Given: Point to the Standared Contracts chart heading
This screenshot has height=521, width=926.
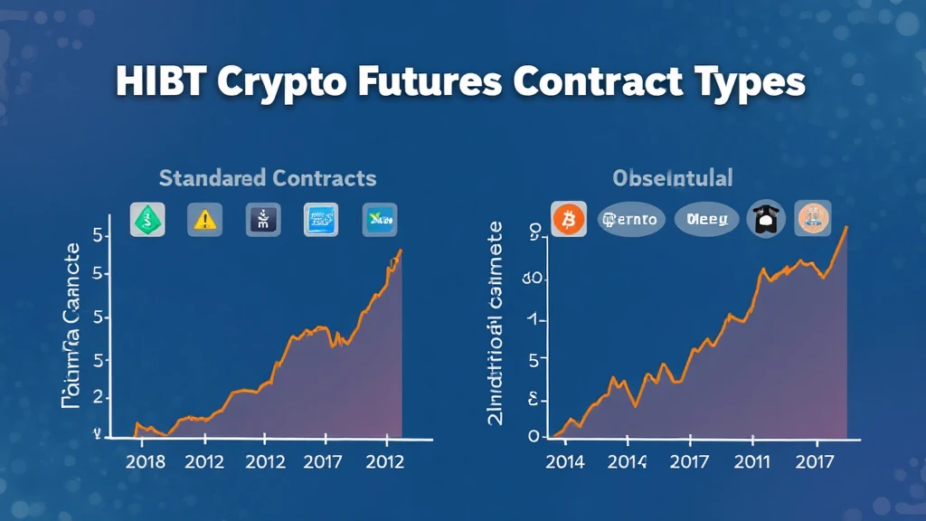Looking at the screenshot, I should [268, 177].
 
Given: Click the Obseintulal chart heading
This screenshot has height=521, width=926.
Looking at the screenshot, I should [672, 177].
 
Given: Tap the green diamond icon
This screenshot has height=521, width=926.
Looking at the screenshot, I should [147, 220].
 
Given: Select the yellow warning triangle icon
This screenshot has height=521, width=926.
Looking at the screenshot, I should [204, 220].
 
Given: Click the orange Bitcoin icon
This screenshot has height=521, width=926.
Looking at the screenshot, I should [570, 219].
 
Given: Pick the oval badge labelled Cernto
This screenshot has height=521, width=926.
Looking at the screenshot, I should [631, 219].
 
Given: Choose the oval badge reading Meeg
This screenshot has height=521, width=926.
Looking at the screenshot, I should [705, 219].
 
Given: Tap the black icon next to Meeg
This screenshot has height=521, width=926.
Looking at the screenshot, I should [766, 219].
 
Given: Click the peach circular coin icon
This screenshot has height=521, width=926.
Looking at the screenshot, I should [812, 219].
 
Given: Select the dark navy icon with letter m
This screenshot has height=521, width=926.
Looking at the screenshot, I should [263, 220].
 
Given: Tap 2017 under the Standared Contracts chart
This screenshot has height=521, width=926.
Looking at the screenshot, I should [323, 461].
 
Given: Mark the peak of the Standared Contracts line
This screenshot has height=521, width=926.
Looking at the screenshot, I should [401, 250].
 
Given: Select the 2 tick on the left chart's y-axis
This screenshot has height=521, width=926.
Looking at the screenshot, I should [97, 398].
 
